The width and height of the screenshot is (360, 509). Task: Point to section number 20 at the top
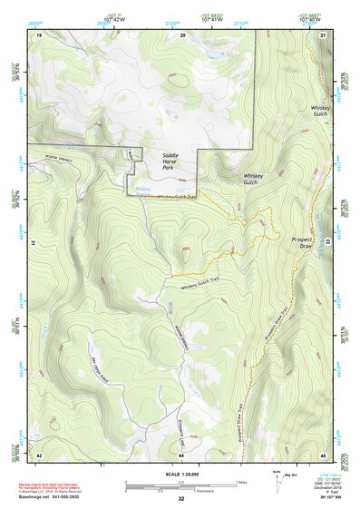click(x=182, y=34)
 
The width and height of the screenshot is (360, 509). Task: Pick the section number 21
click(x=324, y=34)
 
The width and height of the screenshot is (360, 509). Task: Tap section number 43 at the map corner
click(x=39, y=454)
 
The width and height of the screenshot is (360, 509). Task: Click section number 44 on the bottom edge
click(x=181, y=454)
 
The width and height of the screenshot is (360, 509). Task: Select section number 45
click(x=324, y=454)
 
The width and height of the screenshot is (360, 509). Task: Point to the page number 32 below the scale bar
click(x=181, y=499)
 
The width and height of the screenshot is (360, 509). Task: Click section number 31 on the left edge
click(x=32, y=243)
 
